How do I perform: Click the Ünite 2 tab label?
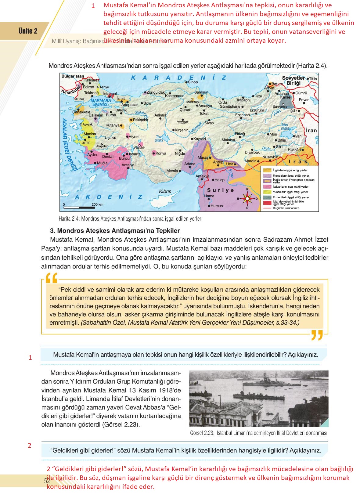28,31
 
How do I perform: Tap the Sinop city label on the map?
193,82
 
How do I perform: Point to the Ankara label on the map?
160,115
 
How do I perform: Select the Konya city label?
161,153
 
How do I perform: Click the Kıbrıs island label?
165,191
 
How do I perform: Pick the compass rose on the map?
247,199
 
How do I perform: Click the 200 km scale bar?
79,208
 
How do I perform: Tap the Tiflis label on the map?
313,79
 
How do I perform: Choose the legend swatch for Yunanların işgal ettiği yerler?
267,192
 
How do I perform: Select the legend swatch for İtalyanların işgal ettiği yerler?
267,186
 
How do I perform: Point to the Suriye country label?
221,190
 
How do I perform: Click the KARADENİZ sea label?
179,78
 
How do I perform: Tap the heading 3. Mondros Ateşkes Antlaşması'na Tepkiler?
115,231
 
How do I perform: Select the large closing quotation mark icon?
317,335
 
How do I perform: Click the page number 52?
47,481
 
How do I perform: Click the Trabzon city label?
243,100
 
